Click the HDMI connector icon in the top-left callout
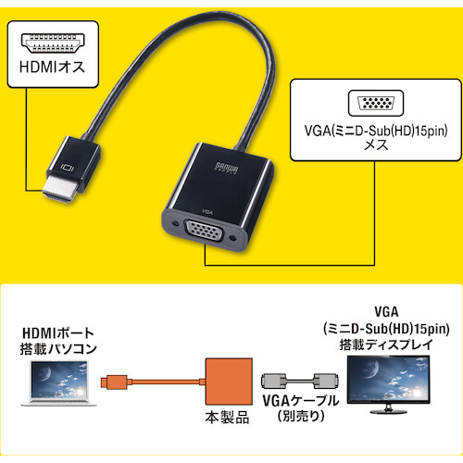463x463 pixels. (53, 44)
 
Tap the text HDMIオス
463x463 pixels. (52, 67)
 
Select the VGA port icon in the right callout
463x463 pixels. (376, 103)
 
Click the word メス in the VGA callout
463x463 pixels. (376, 144)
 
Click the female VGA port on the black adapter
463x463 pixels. (204, 231)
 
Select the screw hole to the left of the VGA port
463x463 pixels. (176, 222)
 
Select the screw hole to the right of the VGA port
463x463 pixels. (233, 238)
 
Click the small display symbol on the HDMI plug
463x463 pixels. (67, 168)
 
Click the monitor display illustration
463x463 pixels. (388, 384)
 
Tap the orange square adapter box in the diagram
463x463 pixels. (229, 382)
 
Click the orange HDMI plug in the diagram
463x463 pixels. (114, 382)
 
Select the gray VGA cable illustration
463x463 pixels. (300, 382)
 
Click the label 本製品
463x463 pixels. (227, 418)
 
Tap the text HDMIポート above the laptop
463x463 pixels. (58, 333)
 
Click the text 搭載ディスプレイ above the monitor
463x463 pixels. (386, 345)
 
